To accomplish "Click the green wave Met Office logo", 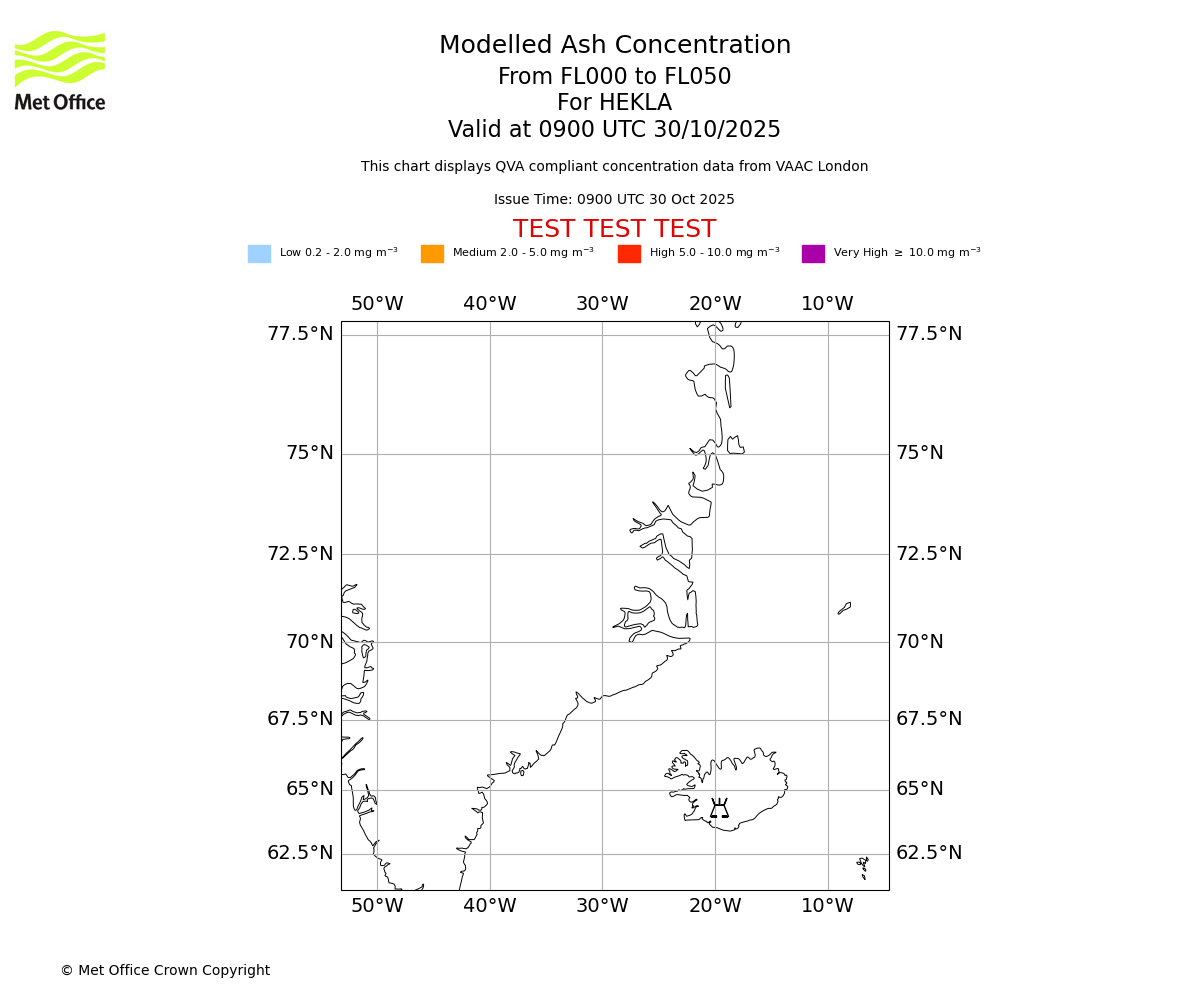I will [60, 58].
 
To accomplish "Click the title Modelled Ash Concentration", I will [614, 46].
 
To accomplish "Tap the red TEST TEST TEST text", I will [614, 230].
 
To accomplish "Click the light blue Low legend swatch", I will [259, 254].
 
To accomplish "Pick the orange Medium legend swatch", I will [432, 254].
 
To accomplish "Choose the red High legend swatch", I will [629, 254].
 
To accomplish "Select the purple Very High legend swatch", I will [813, 254].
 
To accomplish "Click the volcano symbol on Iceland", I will [719, 808].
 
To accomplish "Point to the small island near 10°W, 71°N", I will [845, 608].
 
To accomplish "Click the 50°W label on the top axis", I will [377, 304].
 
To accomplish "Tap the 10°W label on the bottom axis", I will [827, 906].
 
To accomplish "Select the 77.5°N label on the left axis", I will [300, 334].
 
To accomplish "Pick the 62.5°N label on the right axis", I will [929, 853].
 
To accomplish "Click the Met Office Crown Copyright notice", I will [165, 970].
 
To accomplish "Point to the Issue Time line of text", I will [614, 200].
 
